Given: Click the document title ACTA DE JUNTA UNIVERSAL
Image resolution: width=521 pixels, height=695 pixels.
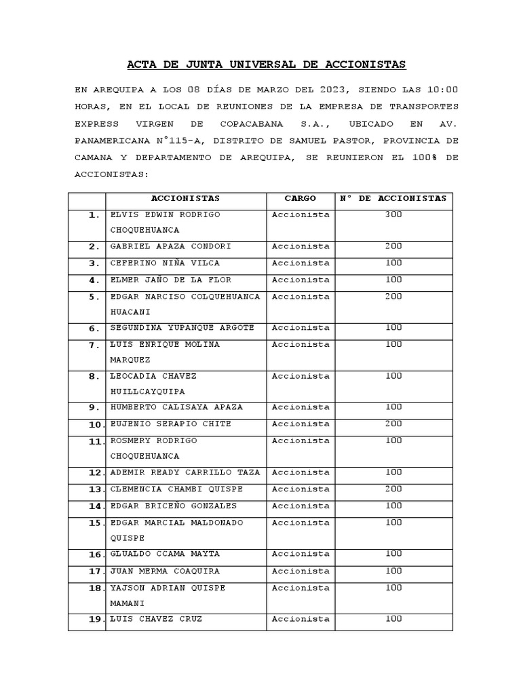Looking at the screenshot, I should pyautogui.click(x=267, y=64).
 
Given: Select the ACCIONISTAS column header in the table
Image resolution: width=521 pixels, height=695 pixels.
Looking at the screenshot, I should pyautogui.click(x=185, y=198).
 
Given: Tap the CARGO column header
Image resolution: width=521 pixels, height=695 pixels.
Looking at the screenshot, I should pyautogui.click(x=300, y=198).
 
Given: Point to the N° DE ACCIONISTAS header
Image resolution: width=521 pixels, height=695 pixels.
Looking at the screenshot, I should pyautogui.click(x=393, y=198).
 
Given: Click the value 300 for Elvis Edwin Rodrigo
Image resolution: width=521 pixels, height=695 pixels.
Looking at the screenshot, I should pyautogui.click(x=393, y=214).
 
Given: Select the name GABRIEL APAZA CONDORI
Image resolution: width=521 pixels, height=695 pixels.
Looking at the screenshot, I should pyautogui.click(x=170, y=246).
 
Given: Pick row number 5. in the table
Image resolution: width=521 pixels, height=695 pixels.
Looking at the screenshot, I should pyautogui.click(x=94, y=297).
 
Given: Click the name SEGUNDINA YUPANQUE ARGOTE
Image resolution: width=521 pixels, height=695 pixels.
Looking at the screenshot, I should pyautogui.click(x=182, y=328).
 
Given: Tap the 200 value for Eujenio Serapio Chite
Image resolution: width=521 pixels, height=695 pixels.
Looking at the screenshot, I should pyautogui.click(x=393, y=424).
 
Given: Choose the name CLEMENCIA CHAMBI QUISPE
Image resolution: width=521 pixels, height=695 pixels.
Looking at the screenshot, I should pyautogui.click(x=176, y=489).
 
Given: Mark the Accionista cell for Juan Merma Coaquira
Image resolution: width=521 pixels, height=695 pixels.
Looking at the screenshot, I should pyautogui.click(x=301, y=571).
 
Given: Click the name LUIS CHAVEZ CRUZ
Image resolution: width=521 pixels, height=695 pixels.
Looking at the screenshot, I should pyautogui.click(x=156, y=619).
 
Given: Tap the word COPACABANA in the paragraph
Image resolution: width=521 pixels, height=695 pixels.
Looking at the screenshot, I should pyautogui.click(x=258, y=124).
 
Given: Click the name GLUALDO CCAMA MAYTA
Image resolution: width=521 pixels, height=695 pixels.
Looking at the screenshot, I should pyautogui.click(x=164, y=554).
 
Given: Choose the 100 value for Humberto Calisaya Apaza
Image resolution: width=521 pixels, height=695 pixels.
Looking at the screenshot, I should pyautogui.click(x=393, y=407).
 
